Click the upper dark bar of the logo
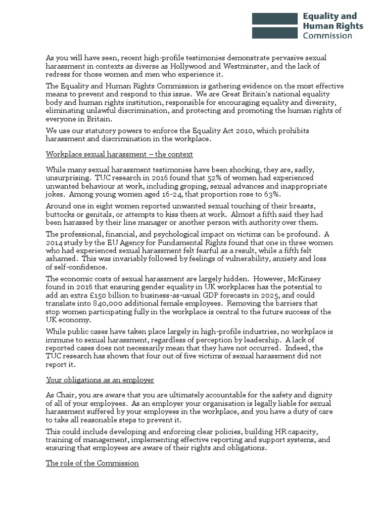tap(275, 19)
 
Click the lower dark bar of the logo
tap(275, 33)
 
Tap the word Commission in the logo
tap(328, 36)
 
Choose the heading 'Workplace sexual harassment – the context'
tap(119, 155)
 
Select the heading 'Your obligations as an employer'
tap(100, 380)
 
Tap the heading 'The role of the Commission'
tap(93, 464)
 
